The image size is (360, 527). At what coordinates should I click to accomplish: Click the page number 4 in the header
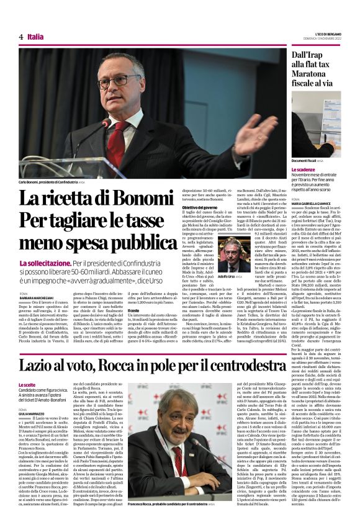(x=21, y=37)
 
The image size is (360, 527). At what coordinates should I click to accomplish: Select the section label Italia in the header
(x=35, y=37)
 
